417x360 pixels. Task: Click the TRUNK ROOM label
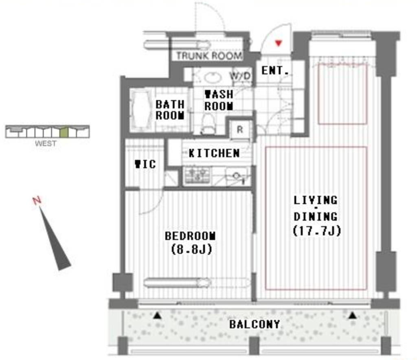[209, 56]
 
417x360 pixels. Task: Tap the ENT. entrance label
[275, 70]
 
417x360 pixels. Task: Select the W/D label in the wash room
[240, 76]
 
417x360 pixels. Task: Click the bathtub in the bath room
[141, 110]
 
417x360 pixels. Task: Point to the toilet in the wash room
[208, 124]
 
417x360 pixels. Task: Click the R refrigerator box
[240, 130]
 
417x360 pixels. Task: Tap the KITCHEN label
[214, 153]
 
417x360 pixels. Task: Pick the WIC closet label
[145, 164]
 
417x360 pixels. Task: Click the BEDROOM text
[190, 236]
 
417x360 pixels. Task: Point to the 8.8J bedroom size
[191, 249]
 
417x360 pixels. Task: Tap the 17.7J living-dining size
[317, 231]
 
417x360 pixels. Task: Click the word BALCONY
[255, 324]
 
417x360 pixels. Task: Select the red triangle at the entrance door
[279, 43]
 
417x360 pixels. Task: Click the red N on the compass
[37, 201]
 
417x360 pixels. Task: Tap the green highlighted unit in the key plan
[64, 132]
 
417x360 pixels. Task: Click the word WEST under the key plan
[46, 144]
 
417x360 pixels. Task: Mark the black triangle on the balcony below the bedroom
[158, 315]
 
